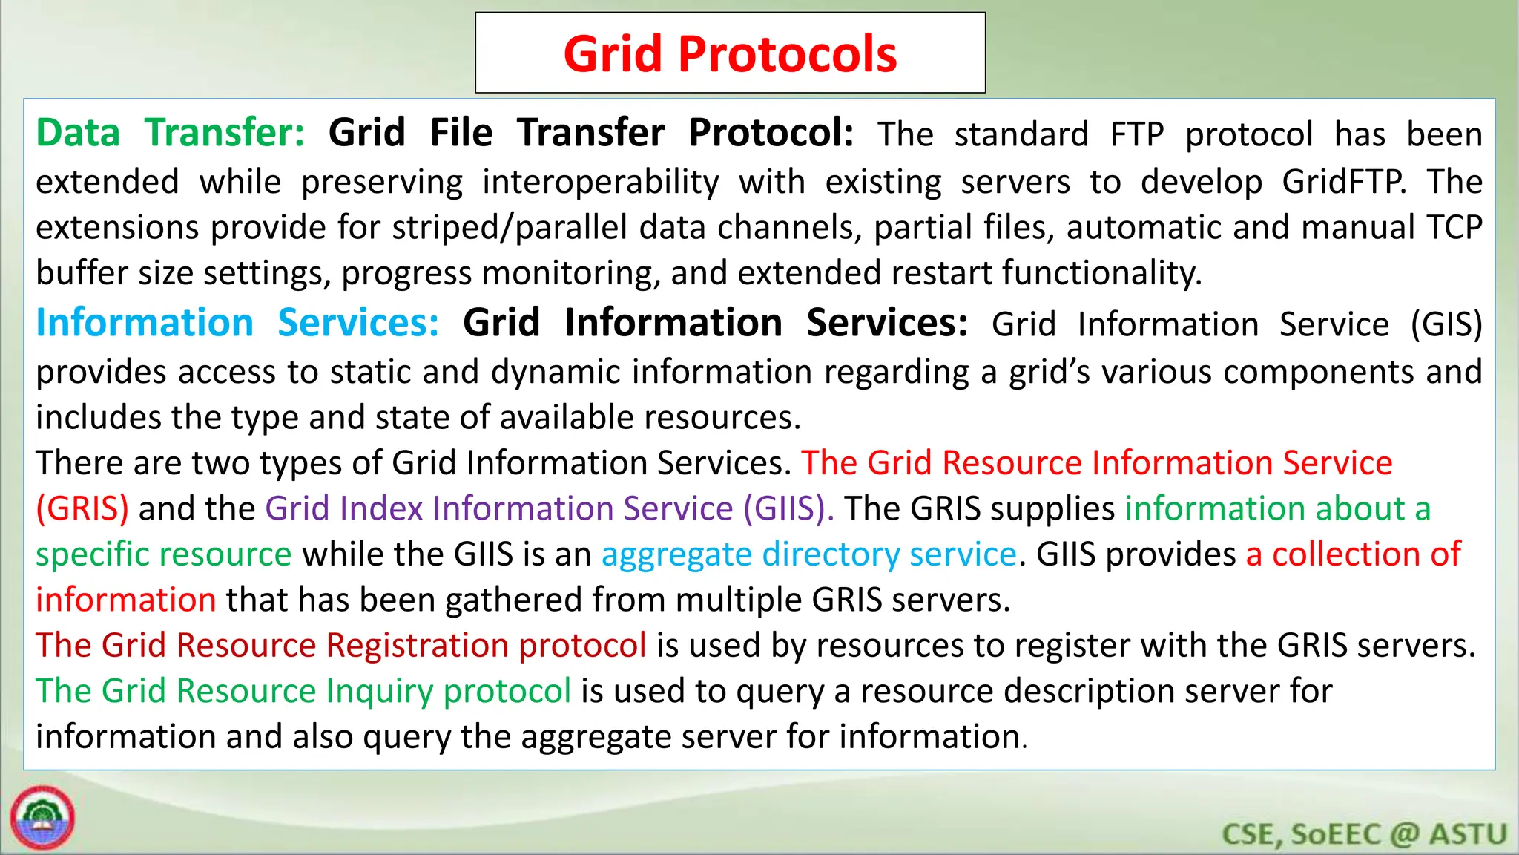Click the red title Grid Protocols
pos(730,54)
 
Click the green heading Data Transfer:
pos(171,134)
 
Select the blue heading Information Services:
pos(237,324)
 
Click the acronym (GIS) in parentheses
pos(1446,324)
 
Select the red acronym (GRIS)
pos(82,508)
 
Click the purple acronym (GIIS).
pos(788,508)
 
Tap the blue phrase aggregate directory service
pos(808,554)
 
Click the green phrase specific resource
pos(164,554)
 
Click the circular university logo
pos(42,817)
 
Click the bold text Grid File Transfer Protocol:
pos(591,134)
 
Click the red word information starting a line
pos(126,600)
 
